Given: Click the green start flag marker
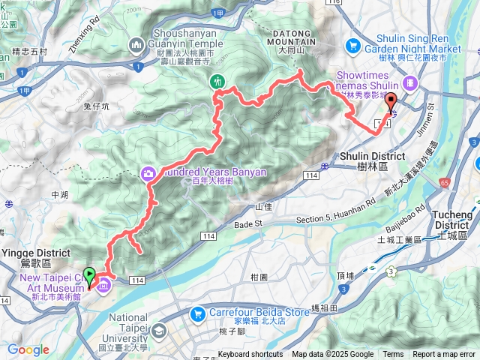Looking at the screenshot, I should [90, 276].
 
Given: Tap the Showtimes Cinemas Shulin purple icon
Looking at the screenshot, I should [409, 82].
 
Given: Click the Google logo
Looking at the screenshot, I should [28, 349].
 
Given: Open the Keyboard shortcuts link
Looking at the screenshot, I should [250, 355].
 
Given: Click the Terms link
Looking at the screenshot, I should [393, 355].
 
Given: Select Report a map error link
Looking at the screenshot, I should [444, 355].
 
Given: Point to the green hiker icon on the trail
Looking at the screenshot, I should [218, 81].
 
